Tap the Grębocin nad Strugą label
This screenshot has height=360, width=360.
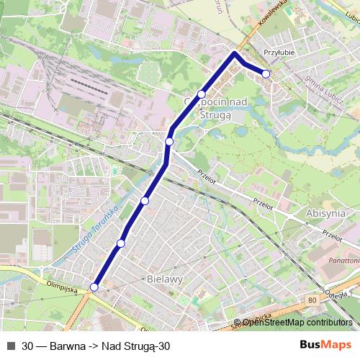[216, 107]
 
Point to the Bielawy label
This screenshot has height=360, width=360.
[164, 277]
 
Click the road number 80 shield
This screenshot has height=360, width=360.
[311, 299]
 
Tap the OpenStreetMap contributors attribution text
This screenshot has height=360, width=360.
[297, 323]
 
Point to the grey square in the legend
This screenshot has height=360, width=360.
[10, 346]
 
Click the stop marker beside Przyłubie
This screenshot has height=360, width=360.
[266, 74]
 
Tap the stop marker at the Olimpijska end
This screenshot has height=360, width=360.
[94, 287]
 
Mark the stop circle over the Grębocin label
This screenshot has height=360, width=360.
[202, 94]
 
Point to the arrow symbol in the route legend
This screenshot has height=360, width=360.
[92, 346]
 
